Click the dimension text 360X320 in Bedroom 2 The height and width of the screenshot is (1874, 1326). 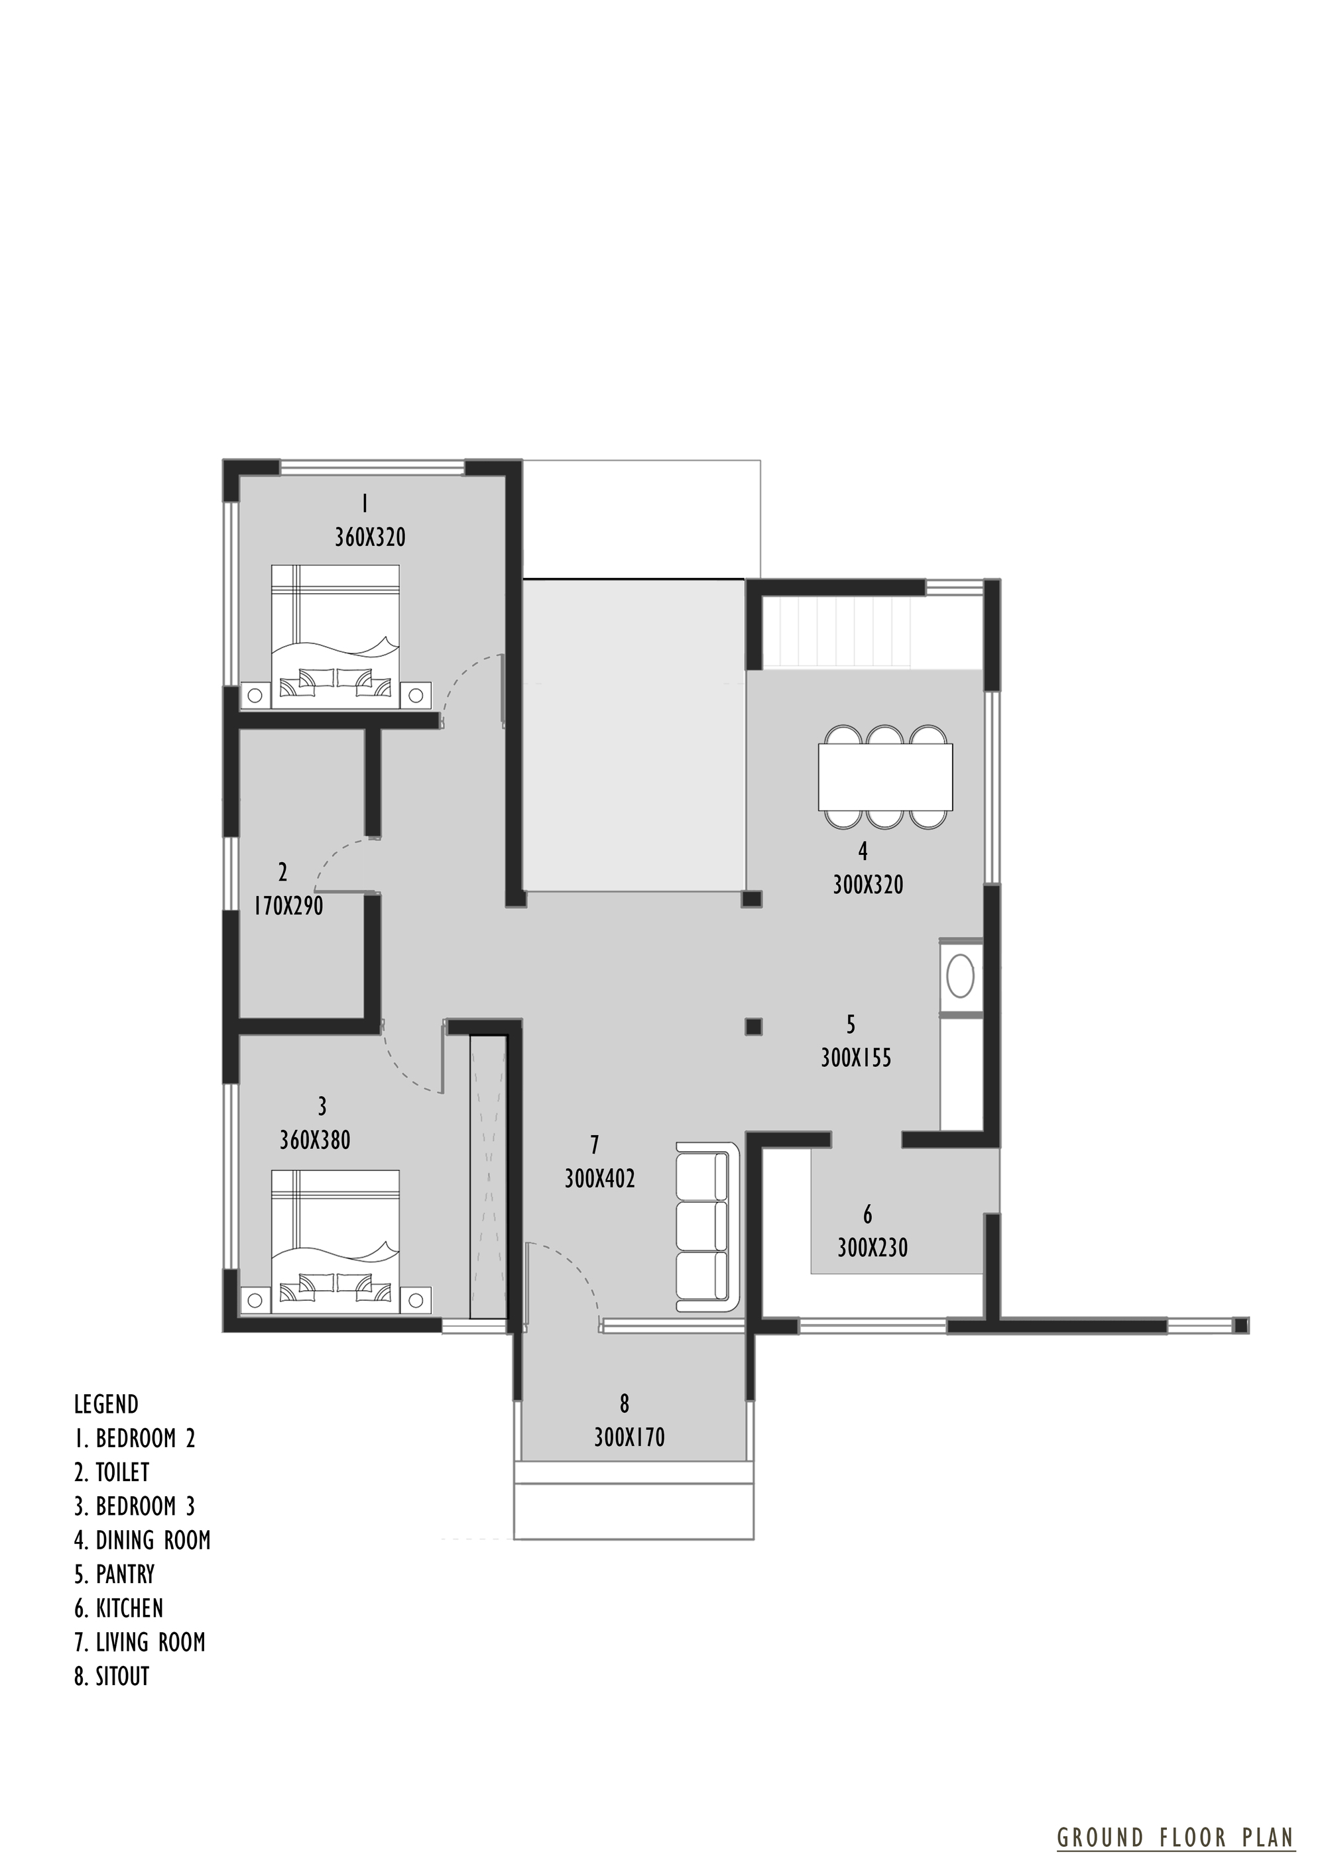(370, 538)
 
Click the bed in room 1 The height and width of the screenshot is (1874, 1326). (335, 637)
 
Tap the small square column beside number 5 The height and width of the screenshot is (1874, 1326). (754, 1026)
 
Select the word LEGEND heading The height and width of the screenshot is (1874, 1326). (106, 1405)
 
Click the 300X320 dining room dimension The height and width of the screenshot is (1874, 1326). (868, 885)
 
